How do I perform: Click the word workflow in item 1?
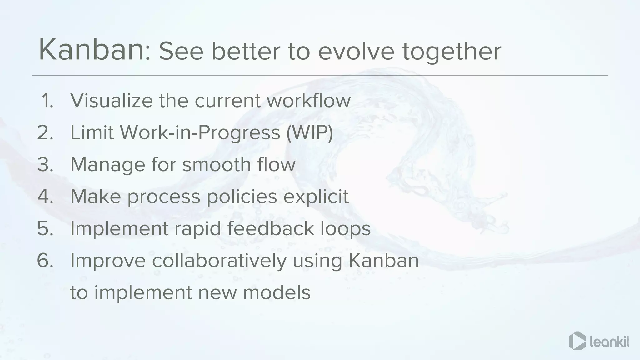(x=308, y=101)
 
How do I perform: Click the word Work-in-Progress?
(x=200, y=133)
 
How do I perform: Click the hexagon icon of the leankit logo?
(x=577, y=341)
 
